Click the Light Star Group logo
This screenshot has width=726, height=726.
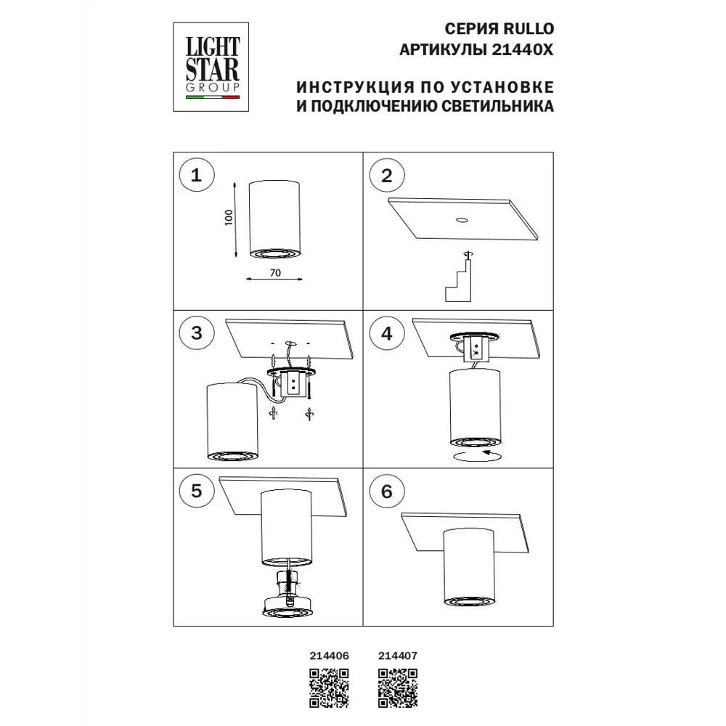click(x=211, y=67)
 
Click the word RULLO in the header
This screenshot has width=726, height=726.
click(x=529, y=29)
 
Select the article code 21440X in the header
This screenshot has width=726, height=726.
click(x=522, y=49)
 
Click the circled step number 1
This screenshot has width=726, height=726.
click(x=196, y=175)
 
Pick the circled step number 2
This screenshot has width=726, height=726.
click(x=387, y=176)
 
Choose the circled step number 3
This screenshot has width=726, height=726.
click(x=196, y=333)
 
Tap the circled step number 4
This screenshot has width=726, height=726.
click(x=387, y=333)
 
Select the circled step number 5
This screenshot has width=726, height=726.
click(x=196, y=491)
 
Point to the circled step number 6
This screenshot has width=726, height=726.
click(x=387, y=492)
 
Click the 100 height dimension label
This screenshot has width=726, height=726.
click(x=229, y=218)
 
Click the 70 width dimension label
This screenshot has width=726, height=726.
click(x=275, y=273)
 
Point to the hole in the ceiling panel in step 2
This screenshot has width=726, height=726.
click(x=461, y=221)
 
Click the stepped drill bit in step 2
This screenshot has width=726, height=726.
click(x=458, y=280)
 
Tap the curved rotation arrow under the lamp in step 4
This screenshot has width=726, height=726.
click(x=478, y=455)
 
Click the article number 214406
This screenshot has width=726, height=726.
click(x=329, y=656)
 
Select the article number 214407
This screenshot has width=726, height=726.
click(x=398, y=656)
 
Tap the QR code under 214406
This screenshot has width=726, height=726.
click(x=329, y=688)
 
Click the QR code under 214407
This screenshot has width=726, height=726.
click(x=398, y=688)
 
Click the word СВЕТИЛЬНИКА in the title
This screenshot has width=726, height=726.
click(x=497, y=106)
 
